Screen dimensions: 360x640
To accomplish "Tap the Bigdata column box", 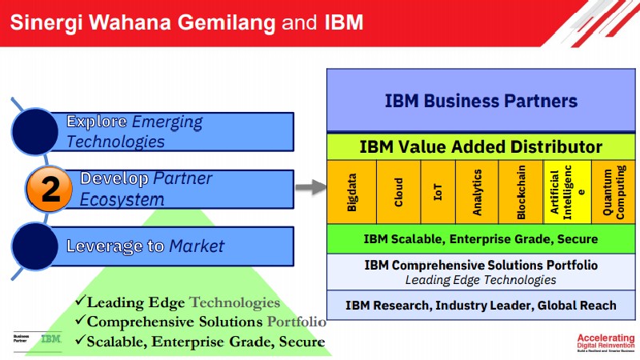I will pyautogui.click(x=351, y=191).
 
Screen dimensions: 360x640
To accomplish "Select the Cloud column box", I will pyautogui.click(x=398, y=191).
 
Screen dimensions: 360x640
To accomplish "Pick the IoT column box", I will pyautogui.click(x=437, y=191).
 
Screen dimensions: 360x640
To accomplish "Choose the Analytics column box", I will pyautogui.click(x=478, y=191).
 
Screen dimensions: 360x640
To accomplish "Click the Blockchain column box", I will pyautogui.click(x=521, y=191).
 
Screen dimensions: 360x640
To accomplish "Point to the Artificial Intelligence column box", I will pyautogui.click(x=566, y=191).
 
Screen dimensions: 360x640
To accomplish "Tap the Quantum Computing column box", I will pyautogui.click(x=612, y=191).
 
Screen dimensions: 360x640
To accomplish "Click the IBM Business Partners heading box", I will pyautogui.click(x=481, y=101).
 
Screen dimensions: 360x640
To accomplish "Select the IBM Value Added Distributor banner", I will pyautogui.click(x=481, y=147).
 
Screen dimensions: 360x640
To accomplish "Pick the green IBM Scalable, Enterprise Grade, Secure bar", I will pyautogui.click(x=481, y=238).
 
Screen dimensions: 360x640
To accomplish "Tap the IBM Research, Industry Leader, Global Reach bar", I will pyautogui.click(x=481, y=305).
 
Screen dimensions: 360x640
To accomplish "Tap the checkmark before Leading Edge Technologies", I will pyautogui.click(x=79, y=302).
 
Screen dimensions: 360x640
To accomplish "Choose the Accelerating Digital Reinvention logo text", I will pyautogui.click(x=605, y=342).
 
